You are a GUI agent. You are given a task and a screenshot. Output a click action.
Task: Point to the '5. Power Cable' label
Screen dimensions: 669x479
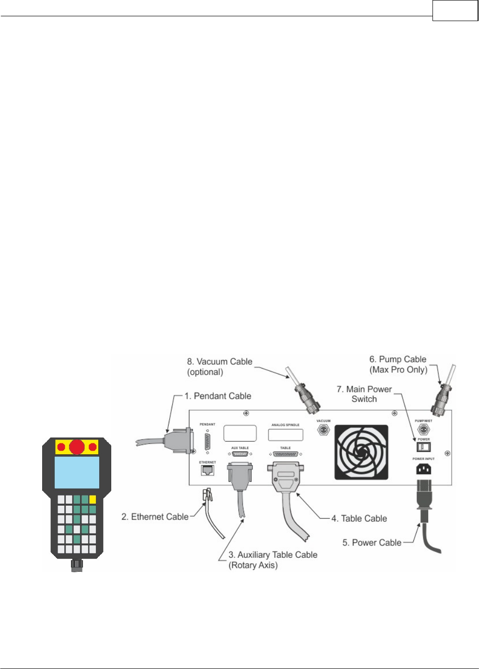click(372, 543)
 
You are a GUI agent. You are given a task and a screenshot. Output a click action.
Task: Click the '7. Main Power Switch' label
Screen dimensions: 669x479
click(364, 394)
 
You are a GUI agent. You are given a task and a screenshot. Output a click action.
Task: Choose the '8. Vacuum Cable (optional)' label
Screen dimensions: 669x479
click(220, 367)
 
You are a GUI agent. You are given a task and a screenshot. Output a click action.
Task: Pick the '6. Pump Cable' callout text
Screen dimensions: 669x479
click(398, 364)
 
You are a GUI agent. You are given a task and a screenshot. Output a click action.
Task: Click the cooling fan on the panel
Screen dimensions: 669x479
click(361, 452)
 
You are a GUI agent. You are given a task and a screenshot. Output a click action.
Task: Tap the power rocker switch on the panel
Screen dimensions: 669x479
click(423, 447)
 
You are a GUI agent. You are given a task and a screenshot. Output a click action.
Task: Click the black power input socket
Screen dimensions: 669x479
click(423, 469)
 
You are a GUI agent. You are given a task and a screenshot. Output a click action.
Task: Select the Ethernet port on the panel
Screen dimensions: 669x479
click(207, 471)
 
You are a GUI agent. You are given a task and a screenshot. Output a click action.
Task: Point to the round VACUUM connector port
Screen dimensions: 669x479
click(324, 429)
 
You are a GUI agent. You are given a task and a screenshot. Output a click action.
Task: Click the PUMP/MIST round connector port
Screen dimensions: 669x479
click(423, 429)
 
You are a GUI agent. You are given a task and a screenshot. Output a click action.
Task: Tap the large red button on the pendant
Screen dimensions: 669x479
click(77, 447)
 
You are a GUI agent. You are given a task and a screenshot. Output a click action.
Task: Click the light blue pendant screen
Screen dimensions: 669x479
click(77, 472)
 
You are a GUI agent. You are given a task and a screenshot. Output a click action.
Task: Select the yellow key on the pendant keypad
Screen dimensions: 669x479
click(93, 499)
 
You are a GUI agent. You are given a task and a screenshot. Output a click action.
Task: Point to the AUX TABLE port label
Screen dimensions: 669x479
click(240, 448)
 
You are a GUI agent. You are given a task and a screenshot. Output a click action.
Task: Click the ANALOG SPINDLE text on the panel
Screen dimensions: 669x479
click(285, 425)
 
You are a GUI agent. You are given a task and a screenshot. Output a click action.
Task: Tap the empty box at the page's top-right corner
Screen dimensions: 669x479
click(455, 11)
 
